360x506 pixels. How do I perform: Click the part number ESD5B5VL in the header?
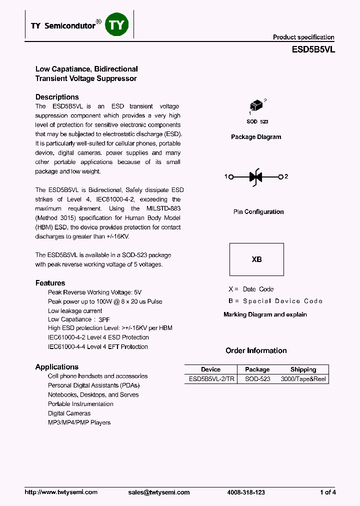click(x=313, y=50)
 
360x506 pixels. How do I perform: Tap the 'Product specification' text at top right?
click(x=303, y=37)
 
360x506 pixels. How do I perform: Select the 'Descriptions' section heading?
click(x=57, y=97)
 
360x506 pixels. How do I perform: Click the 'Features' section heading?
click(x=50, y=283)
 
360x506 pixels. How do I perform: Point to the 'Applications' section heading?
click(x=56, y=367)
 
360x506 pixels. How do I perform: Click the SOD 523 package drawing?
click(x=256, y=106)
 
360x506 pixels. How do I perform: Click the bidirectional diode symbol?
click(x=256, y=176)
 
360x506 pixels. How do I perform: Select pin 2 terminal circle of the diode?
click(x=281, y=176)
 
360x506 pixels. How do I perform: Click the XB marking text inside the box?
click(x=256, y=259)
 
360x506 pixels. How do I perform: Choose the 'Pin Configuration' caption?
click(x=258, y=212)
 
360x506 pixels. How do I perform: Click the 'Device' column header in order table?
click(x=210, y=369)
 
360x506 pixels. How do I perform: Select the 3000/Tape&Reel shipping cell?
click(x=303, y=379)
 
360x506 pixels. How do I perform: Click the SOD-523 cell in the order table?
click(x=257, y=379)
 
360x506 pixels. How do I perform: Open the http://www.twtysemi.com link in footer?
click(x=61, y=492)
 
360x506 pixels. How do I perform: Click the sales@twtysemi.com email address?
click(x=159, y=492)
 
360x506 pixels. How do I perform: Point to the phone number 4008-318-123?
click(x=246, y=492)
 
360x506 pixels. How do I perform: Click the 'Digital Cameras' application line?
click(x=69, y=413)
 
